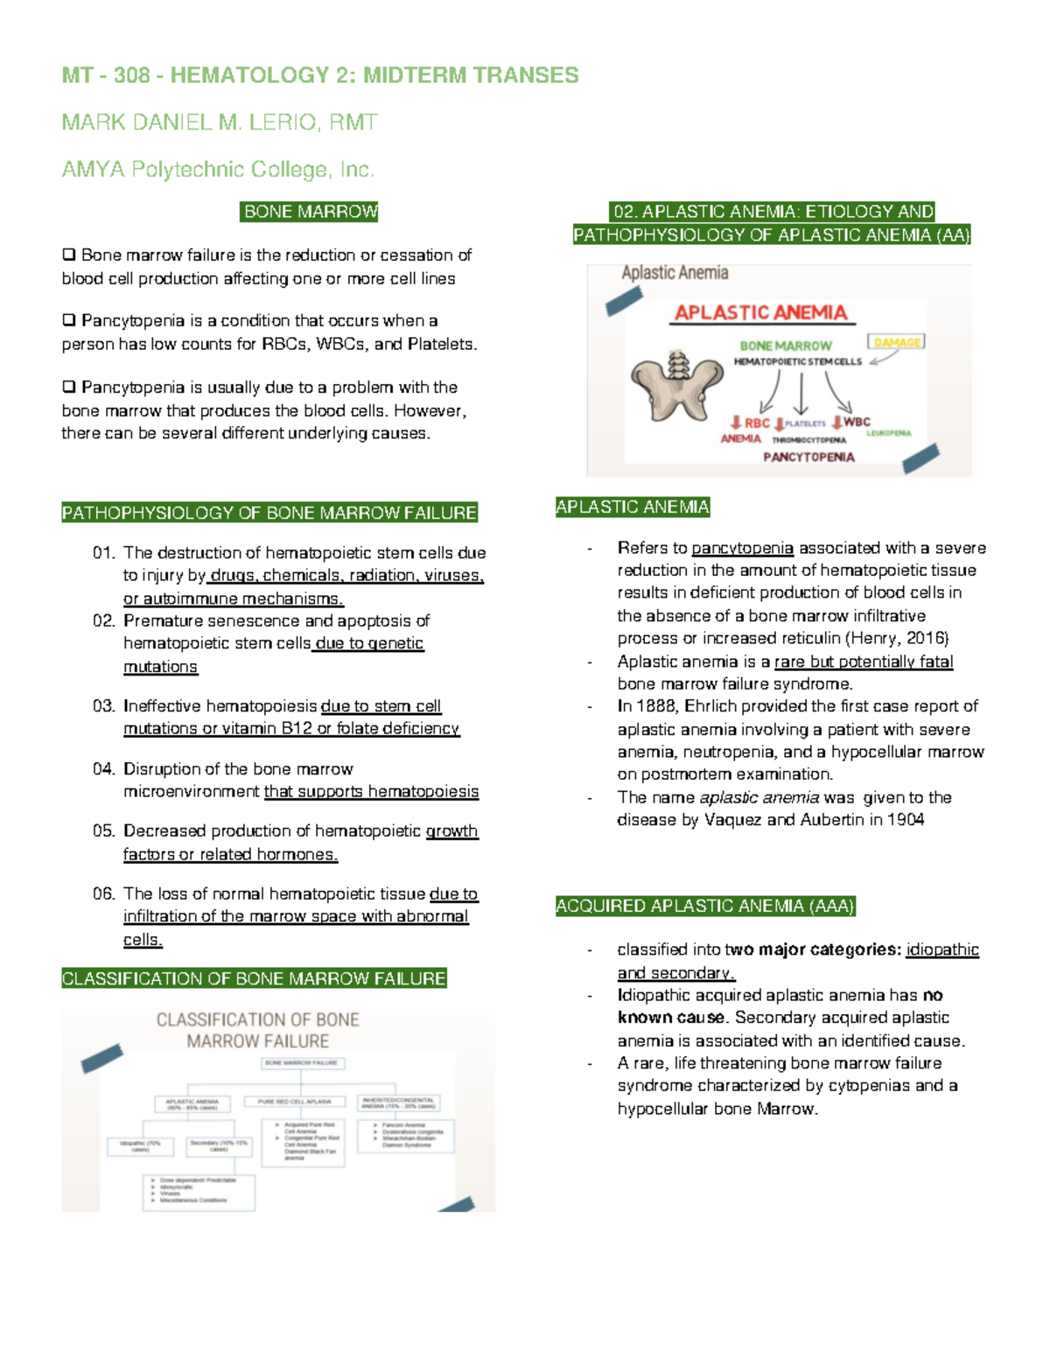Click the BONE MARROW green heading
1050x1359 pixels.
point(310,212)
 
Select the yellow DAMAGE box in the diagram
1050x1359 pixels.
point(896,342)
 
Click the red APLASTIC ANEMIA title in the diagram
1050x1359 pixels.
point(760,312)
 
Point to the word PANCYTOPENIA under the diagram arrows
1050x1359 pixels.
point(808,457)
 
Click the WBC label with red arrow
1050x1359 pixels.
point(851,422)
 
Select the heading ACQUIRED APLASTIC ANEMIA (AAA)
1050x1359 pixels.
point(705,907)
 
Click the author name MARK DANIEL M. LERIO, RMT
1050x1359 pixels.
point(220,123)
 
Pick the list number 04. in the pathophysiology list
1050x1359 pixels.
point(104,769)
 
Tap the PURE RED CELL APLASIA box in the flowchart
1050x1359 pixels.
point(295,1102)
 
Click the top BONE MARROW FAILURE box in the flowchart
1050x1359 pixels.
point(304,1062)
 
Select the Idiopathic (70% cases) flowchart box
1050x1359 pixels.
point(141,1145)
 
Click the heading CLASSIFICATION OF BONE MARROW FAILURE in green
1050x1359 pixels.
point(254,978)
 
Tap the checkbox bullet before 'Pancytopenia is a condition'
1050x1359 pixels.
point(69,321)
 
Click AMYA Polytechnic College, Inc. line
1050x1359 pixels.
point(218,170)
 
